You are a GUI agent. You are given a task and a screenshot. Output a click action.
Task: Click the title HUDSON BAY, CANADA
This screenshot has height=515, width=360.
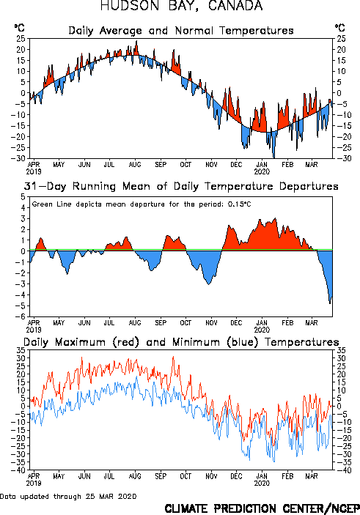point(182,6)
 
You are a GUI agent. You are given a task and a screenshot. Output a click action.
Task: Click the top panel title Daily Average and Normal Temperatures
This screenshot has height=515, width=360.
point(181,31)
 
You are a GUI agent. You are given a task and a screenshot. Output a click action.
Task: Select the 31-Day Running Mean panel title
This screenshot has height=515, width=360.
point(181,186)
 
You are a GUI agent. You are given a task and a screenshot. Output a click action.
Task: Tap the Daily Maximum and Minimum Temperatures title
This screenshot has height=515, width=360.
point(181,342)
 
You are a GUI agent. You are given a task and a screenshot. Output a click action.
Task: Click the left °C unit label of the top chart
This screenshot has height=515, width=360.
point(19,28)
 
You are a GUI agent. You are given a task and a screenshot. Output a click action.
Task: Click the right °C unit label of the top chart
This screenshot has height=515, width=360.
point(340,28)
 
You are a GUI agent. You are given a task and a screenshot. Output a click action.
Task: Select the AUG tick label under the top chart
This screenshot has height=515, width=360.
point(135,164)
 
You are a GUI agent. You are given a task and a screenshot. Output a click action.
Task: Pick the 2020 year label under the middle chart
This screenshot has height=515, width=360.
point(262,330)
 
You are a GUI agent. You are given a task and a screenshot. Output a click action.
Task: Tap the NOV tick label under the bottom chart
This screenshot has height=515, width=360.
point(211,476)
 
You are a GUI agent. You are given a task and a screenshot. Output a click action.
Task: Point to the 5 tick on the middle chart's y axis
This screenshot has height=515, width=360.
point(23,197)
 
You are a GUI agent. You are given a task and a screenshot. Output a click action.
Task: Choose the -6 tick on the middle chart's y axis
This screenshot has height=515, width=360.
point(21,316)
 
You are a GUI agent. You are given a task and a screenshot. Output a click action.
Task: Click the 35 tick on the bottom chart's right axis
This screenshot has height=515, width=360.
point(341,350)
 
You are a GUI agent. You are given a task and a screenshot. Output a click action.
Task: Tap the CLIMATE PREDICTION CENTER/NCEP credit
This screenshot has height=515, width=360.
point(262,508)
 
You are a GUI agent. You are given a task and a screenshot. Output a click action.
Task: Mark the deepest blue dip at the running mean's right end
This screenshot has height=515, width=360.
point(330,303)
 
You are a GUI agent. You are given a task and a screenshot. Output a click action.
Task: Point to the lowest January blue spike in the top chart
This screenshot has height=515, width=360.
point(274,158)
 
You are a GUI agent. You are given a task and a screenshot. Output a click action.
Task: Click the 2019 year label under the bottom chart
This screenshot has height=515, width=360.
point(34,483)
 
